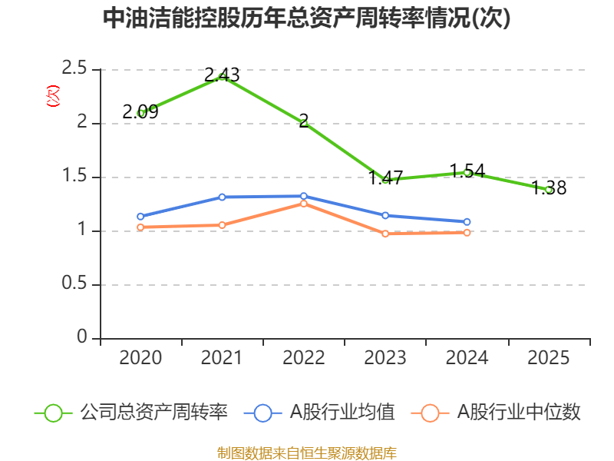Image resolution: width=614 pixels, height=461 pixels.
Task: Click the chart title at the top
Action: [x=306, y=19]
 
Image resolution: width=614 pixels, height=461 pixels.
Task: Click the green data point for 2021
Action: [x=223, y=75]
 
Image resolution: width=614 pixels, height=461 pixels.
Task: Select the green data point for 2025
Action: [x=549, y=189]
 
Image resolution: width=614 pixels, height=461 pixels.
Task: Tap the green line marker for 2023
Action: [x=385, y=179]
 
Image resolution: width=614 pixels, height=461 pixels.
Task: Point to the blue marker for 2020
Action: [x=140, y=217]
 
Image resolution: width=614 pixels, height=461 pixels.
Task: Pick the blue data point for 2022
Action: [x=304, y=196]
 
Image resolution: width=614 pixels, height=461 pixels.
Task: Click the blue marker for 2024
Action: [x=467, y=222]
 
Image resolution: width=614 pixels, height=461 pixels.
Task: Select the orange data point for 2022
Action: [x=304, y=204]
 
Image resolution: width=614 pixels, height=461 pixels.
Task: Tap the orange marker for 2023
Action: [x=385, y=234]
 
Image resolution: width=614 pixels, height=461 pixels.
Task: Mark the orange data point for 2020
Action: [x=140, y=227]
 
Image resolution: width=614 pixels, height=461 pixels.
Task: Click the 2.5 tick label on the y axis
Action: [x=75, y=70]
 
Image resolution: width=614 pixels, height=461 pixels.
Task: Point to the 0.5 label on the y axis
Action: [x=75, y=285]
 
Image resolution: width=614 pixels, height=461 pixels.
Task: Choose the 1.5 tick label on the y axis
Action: [x=75, y=177]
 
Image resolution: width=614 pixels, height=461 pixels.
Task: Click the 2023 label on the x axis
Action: [x=385, y=358]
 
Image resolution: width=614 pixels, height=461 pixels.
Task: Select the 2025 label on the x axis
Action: [x=549, y=358]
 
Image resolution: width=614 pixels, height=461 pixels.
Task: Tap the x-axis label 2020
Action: [x=140, y=358]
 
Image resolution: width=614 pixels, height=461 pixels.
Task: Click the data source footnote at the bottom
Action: [x=306, y=453]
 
